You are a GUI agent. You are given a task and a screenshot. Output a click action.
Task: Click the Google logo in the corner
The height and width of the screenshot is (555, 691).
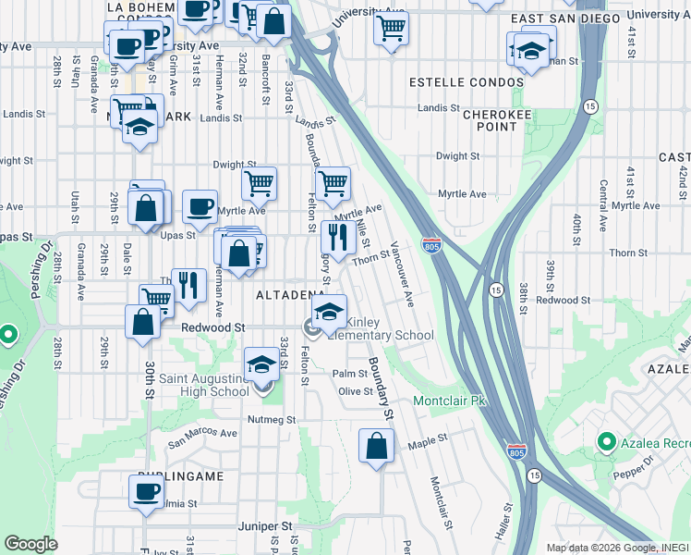pyautogui.click(x=30, y=544)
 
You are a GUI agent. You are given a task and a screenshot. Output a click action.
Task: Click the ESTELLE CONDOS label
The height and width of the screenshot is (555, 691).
pyautogui.click(x=467, y=82)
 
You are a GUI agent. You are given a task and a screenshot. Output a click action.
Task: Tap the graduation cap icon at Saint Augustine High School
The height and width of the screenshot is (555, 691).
pyautogui.click(x=261, y=365)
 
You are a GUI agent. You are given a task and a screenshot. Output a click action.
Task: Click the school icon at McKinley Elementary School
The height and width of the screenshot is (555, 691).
pyautogui.click(x=329, y=312)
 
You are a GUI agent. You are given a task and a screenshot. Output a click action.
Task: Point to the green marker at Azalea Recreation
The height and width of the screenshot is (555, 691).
pyautogui.click(x=607, y=441)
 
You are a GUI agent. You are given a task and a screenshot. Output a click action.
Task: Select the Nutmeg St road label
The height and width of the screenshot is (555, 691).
pyautogui.click(x=271, y=419)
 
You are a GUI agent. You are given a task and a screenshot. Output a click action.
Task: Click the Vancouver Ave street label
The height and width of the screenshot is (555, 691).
pyautogui.click(x=399, y=274)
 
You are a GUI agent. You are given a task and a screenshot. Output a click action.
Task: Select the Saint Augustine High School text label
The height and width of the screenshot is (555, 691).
pyautogui.click(x=204, y=384)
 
